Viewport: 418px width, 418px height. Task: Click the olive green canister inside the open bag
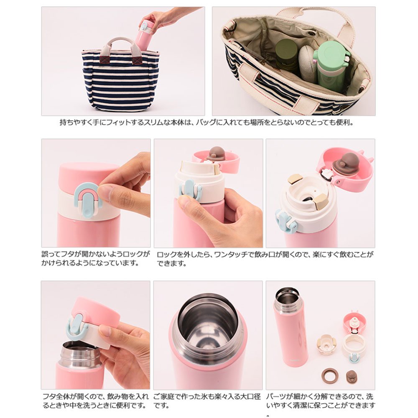point(287,56)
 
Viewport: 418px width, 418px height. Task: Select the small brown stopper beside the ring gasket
point(352,377)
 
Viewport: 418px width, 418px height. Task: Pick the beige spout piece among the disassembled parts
point(326,344)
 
